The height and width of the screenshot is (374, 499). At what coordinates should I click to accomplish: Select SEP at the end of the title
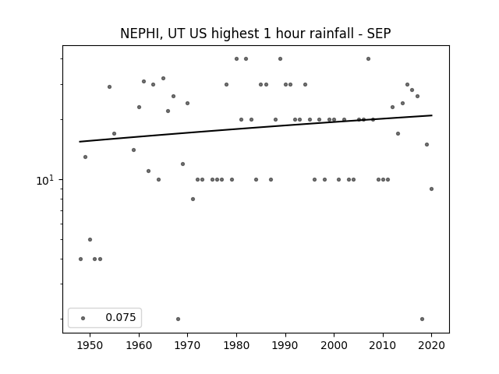pos(379,34)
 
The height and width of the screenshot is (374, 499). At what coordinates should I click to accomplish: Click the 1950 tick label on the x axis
pos(90,345)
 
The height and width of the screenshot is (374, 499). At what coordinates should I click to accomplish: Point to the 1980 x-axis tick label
pos(236,345)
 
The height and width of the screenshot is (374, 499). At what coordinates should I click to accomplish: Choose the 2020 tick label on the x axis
pos(431,345)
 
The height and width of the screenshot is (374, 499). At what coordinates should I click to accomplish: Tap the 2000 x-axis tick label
pos(334,345)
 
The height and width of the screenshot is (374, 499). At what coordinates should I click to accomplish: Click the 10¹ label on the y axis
pos(45,180)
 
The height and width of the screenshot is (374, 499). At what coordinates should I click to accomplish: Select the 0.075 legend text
pos(121,317)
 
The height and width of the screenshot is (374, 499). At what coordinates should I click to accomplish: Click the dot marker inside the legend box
pos(83,318)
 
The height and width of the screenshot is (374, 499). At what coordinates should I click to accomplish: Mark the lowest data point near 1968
pos(178,319)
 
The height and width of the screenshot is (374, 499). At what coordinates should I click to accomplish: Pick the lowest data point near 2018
pos(422,319)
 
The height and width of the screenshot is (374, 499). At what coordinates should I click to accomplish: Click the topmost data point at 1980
pos(236,59)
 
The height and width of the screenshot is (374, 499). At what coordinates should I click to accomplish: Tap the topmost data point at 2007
pos(368,59)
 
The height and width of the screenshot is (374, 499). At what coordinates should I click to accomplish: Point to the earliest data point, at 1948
pos(80,259)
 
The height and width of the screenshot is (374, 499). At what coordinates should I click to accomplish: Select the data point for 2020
pos(431,189)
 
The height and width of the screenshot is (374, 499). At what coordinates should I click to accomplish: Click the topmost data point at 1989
pos(280,59)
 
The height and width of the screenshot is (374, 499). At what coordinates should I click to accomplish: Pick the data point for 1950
pos(90,239)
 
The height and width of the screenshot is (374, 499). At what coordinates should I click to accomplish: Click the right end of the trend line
pos(432,115)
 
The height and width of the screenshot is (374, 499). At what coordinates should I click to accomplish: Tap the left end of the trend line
pos(80,142)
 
